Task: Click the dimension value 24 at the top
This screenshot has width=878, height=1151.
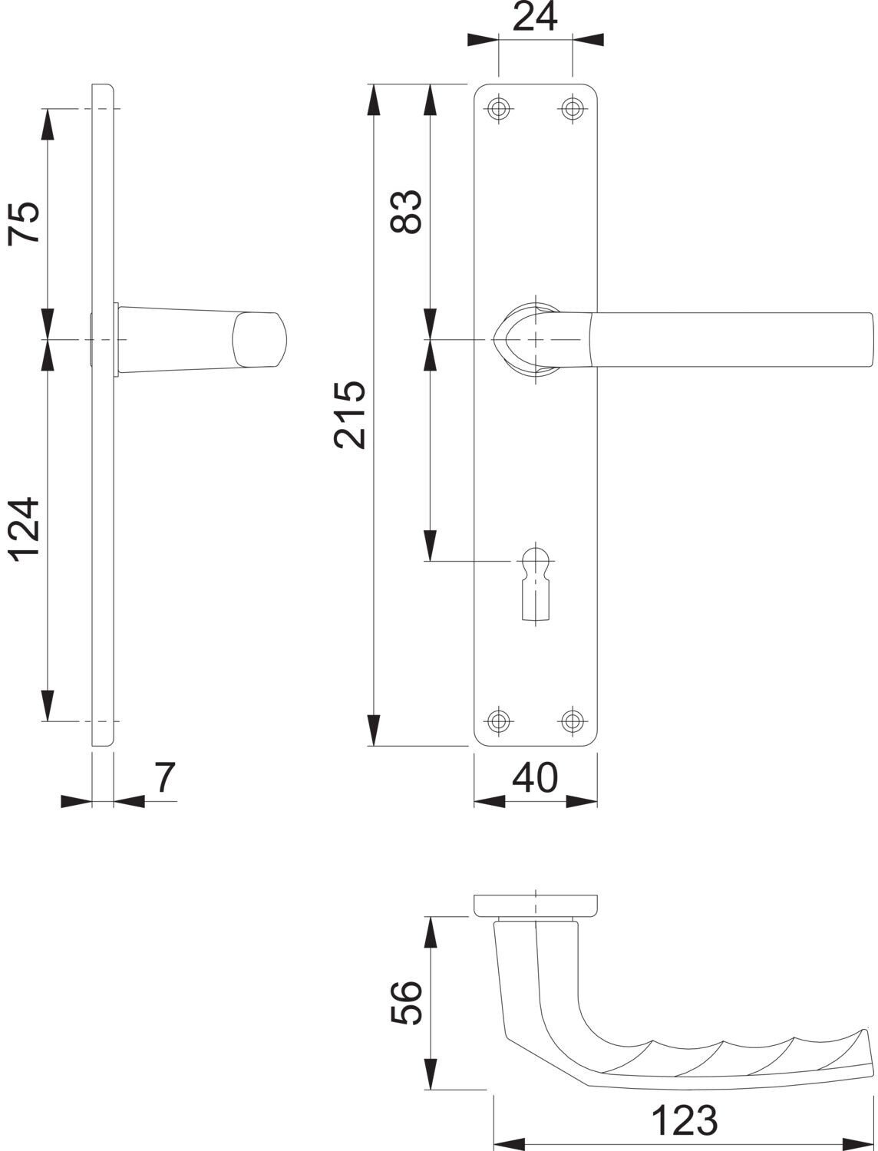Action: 534,17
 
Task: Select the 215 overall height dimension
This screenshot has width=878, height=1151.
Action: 349,415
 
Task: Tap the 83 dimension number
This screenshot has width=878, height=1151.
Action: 406,211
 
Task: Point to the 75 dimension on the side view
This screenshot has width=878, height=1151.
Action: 24,223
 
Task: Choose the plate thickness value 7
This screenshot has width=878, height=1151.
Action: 164,777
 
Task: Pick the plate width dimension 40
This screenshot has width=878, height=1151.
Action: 535,777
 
